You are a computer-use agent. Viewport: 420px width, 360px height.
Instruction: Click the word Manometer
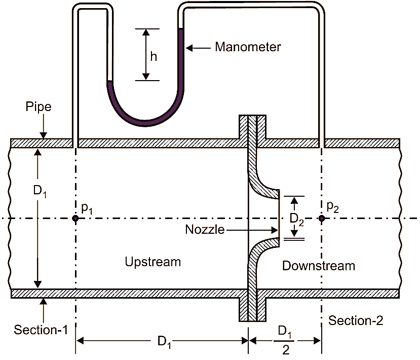(248, 47)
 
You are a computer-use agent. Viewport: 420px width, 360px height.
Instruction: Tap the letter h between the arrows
(154, 56)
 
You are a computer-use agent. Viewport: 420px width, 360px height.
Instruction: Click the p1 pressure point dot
(75, 219)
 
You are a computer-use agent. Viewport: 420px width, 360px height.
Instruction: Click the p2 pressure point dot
(321, 219)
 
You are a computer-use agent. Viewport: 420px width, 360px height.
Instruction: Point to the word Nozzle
(205, 230)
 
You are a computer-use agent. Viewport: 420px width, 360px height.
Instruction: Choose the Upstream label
(152, 262)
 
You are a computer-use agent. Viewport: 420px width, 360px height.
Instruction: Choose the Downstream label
(319, 266)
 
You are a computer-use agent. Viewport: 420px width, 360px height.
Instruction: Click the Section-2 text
(356, 320)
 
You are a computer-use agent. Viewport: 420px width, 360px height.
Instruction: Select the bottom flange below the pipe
(252, 309)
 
